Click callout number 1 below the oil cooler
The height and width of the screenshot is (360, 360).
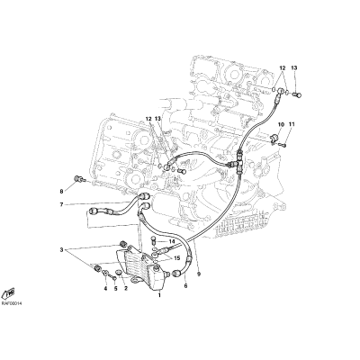159,295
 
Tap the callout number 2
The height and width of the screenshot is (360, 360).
126,289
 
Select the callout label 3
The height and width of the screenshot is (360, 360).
62,249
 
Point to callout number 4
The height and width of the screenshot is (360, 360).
105,289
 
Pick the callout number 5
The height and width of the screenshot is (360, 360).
116,289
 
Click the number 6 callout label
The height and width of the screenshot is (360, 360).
185,286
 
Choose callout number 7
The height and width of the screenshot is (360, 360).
61,205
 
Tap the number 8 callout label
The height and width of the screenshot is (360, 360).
61,191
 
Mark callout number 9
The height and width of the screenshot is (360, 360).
199,274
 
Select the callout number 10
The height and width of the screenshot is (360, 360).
281,124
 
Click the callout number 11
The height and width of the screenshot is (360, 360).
292,124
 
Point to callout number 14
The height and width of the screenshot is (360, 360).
172,241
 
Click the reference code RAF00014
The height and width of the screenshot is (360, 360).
12,303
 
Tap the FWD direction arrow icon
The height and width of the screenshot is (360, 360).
10,292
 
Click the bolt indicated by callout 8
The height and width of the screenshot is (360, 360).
79,180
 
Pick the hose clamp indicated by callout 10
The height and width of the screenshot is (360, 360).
274,139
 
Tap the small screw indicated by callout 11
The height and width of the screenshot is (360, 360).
283,146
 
